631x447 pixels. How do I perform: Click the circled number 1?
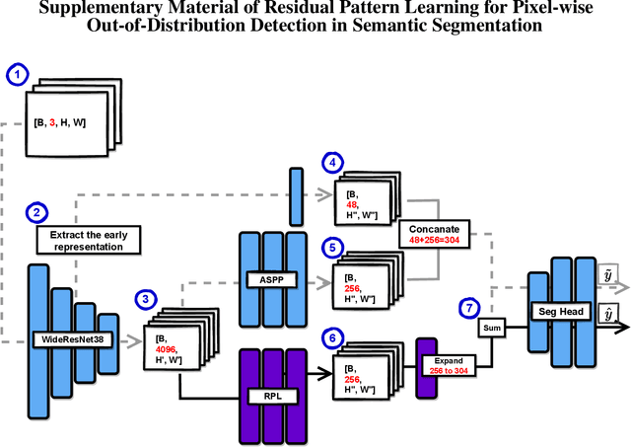[19, 74]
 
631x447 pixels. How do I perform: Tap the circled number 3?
[147, 298]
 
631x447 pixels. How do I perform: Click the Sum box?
[493, 325]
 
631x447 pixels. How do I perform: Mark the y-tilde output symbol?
[608, 269]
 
